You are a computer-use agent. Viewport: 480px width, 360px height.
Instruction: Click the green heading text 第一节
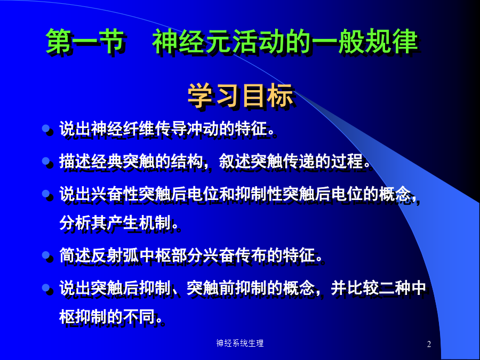point(84,41)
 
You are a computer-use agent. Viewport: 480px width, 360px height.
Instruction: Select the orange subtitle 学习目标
point(241,95)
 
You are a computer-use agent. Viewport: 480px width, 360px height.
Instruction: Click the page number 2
point(429,344)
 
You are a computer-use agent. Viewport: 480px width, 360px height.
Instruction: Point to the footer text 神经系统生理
point(240,343)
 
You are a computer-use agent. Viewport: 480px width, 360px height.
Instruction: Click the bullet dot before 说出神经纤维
point(46,128)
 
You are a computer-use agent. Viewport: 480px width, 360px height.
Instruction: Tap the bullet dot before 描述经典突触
point(46,161)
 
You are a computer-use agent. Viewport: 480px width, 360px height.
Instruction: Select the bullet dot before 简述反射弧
point(46,255)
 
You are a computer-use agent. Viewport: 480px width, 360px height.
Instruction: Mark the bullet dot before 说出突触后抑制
point(46,288)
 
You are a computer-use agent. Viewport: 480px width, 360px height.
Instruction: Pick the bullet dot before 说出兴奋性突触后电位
point(46,194)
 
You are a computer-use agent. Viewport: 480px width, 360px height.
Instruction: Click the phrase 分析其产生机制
point(115,222)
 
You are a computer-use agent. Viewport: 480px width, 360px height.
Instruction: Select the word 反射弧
point(115,255)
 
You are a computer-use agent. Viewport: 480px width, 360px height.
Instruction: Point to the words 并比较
point(355,288)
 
